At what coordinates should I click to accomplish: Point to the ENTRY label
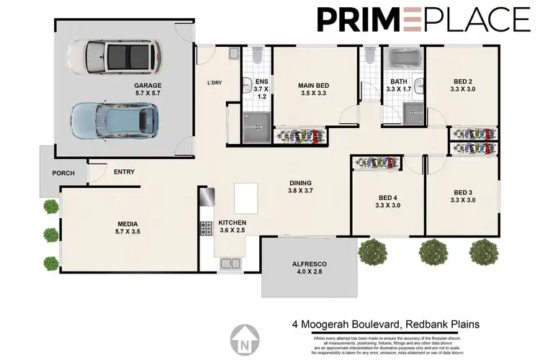tap(124, 171)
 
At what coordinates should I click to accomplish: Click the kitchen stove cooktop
tap(205, 228)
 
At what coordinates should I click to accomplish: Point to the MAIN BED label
tap(313, 90)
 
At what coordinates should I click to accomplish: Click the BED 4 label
tap(388, 202)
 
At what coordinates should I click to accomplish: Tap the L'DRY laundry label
tap(214, 83)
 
